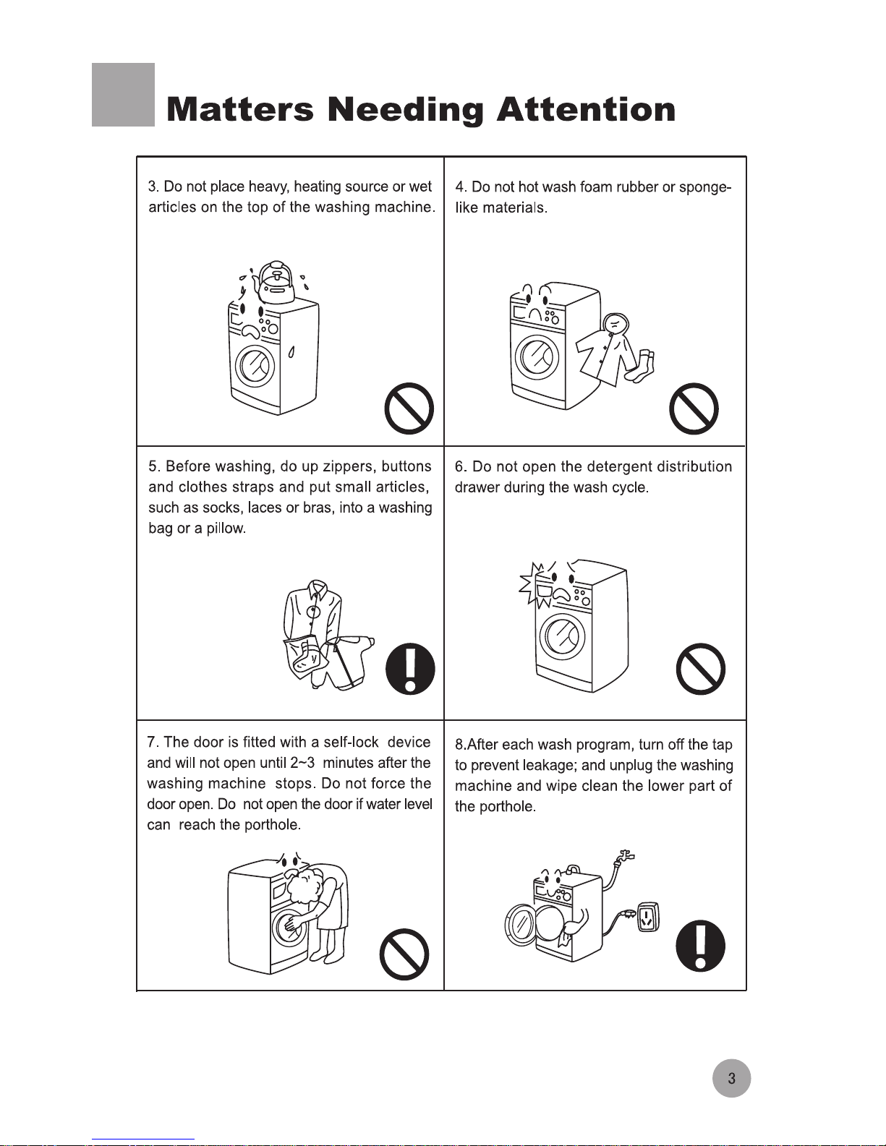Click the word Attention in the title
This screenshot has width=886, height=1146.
coord(586,109)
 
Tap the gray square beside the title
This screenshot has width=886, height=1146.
coord(124,95)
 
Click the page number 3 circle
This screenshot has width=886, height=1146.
coord(731,1079)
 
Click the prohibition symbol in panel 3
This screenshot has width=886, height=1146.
coord(409,409)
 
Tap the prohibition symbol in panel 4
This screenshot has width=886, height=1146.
coord(694,409)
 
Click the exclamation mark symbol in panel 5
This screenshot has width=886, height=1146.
coord(410,669)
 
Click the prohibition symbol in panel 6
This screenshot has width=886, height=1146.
coord(701,669)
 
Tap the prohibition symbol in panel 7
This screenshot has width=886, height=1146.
coord(404,954)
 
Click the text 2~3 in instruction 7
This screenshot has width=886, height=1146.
coord(302,763)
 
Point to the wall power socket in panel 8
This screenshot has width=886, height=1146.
coord(648,917)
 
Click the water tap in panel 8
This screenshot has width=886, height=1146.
coord(626,857)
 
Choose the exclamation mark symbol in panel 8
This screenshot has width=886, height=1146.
coord(700,946)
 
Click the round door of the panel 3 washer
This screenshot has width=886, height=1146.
coord(255,365)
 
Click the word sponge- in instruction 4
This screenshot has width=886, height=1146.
coord(705,188)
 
